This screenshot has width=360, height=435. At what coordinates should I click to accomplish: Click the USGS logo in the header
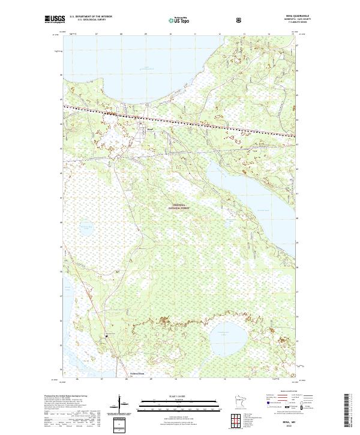55,19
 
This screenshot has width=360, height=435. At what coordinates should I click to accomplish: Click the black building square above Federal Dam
107,337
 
